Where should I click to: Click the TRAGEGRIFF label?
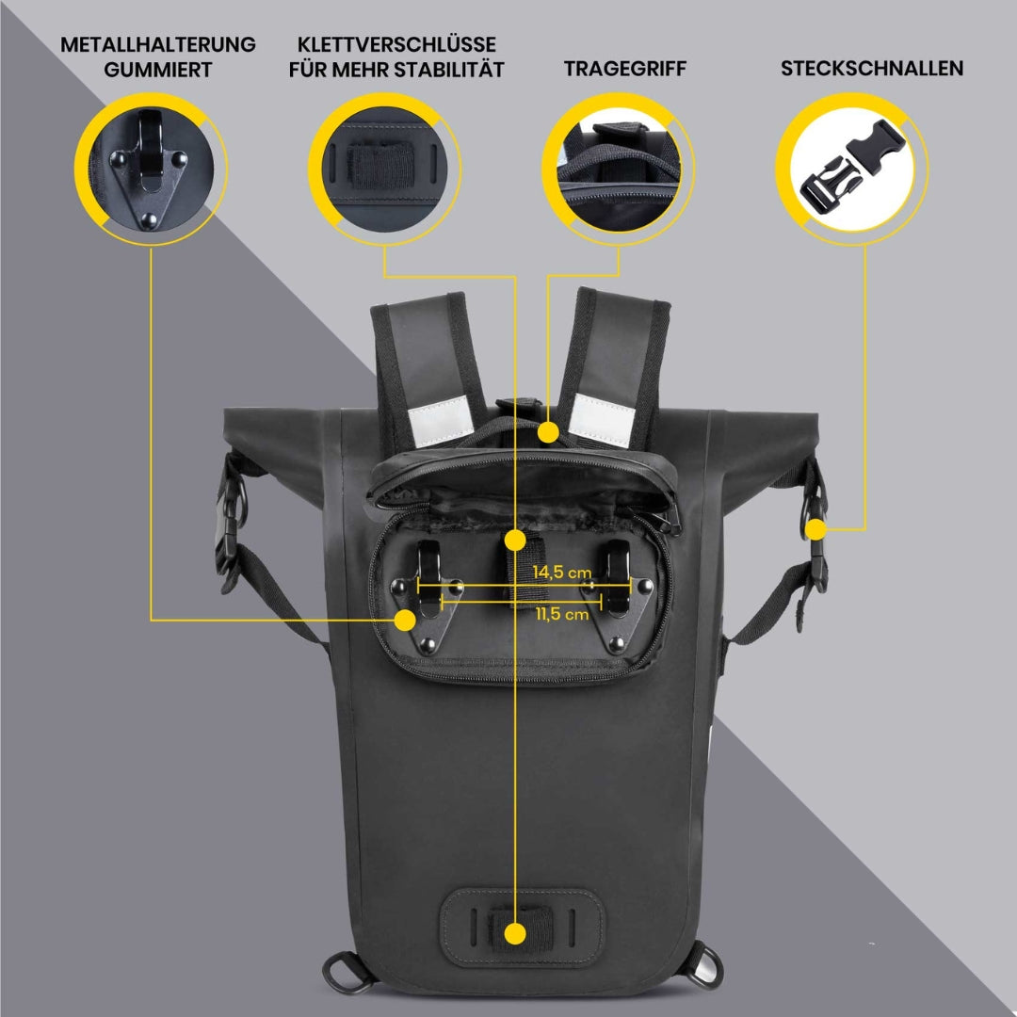[625, 69]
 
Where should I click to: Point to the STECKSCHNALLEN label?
[872, 69]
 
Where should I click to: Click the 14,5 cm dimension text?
[561, 572]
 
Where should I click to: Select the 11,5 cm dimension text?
[561, 614]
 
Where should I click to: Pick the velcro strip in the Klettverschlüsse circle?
[384, 163]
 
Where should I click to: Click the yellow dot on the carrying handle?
[548, 432]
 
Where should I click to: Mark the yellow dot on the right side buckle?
[815, 530]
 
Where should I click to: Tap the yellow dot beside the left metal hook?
[405, 620]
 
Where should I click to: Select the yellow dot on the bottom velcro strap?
[515, 933]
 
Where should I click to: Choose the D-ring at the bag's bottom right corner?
[702, 963]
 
